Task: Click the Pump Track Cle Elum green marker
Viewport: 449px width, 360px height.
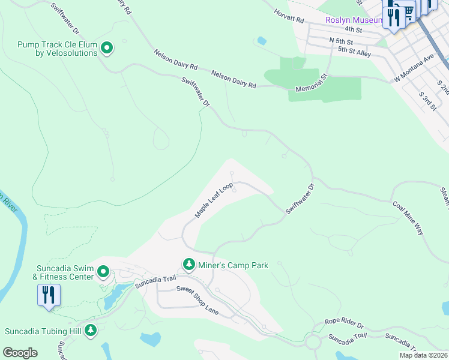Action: [107, 47]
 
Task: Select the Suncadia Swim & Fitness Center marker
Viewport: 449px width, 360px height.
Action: [103, 272]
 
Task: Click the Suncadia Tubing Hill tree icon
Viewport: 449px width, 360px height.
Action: [91, 330]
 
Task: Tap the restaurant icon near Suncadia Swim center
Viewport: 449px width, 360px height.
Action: [49, 295]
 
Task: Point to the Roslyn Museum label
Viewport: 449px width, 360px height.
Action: [354, 20]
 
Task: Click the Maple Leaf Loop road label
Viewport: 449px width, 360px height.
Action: [214, 200]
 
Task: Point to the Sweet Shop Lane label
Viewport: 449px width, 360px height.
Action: [197, 299]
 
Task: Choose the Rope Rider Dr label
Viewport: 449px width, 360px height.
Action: [344, 323]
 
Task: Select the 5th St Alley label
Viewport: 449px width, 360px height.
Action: [354, 52]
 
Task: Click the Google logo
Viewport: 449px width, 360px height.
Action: [20, 353]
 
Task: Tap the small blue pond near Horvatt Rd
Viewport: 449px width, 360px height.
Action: [261, 41]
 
